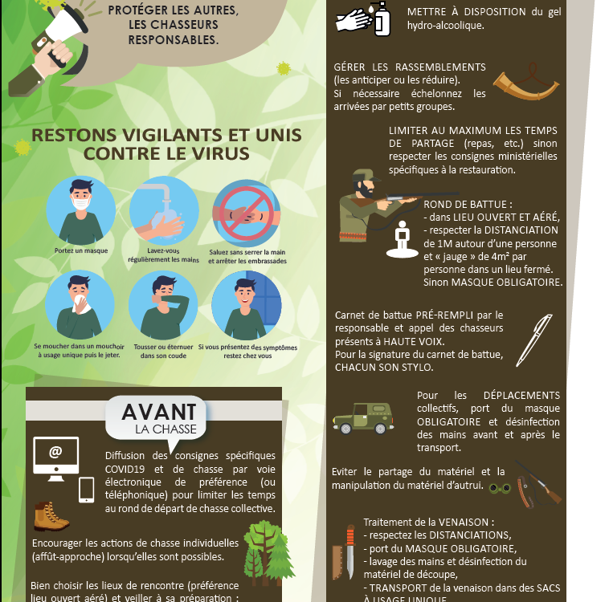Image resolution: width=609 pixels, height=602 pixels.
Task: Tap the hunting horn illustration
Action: click(526, 83)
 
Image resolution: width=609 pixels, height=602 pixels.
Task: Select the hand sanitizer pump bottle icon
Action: click(382, 18)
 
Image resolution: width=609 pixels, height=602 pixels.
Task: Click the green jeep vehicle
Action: click(363, 417)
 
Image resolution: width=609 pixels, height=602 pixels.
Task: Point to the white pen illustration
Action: click(534, 340)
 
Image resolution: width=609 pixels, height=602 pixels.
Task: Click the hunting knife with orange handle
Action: click(350, 551)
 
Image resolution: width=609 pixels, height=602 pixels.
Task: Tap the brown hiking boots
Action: click(51, 516)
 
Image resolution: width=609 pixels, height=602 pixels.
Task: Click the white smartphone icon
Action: click(86, 490)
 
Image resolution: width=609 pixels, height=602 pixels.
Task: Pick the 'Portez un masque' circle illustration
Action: click(81, 210)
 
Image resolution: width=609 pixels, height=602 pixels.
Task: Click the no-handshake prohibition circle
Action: click(246, 213)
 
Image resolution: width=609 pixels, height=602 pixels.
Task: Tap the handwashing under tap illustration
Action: click(164, 210)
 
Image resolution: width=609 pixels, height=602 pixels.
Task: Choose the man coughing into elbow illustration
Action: click(163, 305)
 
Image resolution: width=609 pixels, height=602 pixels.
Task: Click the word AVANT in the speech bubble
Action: click(159, 412)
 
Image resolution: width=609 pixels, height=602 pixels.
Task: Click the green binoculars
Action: click(500, 488)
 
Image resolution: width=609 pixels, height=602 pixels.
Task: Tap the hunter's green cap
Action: click(365, 175)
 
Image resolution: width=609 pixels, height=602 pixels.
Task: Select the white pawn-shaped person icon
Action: click(403, 240)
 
